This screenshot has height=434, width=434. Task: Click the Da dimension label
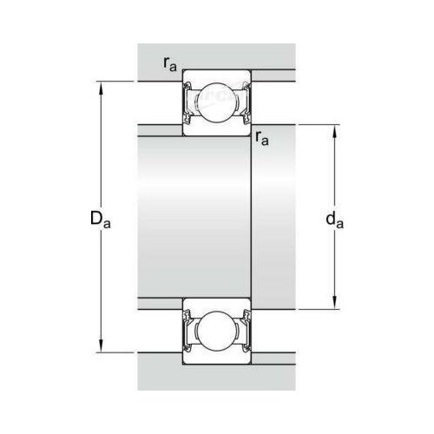[100, 219]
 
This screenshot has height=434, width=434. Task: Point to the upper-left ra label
[170, 64]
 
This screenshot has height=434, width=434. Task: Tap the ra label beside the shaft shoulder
[262, 138]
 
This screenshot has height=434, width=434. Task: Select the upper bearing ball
[217, 102]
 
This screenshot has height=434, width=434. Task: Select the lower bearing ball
[217, 331]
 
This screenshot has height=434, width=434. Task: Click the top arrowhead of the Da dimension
[101, 88]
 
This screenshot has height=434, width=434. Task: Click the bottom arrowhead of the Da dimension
[101, 346]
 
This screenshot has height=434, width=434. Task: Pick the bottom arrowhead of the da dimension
[334, 303]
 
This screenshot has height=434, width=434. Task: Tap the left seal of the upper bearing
[187, 103]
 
